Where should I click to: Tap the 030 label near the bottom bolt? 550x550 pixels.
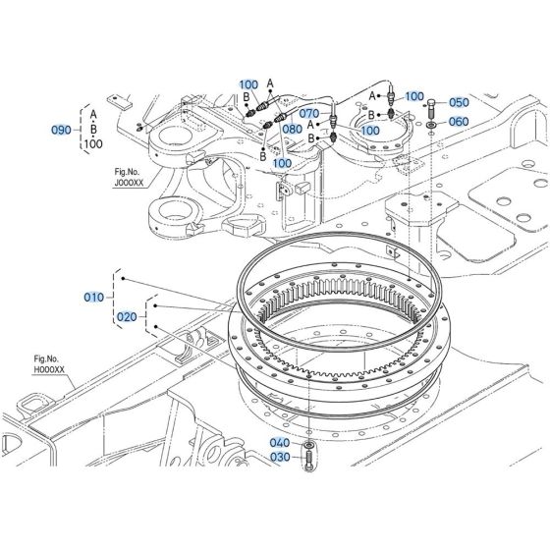tap(281, 456)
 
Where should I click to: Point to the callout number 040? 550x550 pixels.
tap(281, 443)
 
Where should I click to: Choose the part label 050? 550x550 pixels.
tap(459, 102)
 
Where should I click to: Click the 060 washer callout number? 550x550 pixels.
tap(459, 122)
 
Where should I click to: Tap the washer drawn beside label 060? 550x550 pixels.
tap(432, 123)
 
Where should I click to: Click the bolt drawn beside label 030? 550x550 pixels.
tap(309, 458)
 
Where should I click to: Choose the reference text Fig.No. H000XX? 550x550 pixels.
tap(49, 364)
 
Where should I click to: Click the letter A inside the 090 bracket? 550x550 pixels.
tap(94, 112)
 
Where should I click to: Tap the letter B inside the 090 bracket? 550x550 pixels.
tap(94, 129)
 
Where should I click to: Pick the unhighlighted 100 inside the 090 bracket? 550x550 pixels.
tap(93, 145)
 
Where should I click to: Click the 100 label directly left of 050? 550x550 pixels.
tap(414, 95)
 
